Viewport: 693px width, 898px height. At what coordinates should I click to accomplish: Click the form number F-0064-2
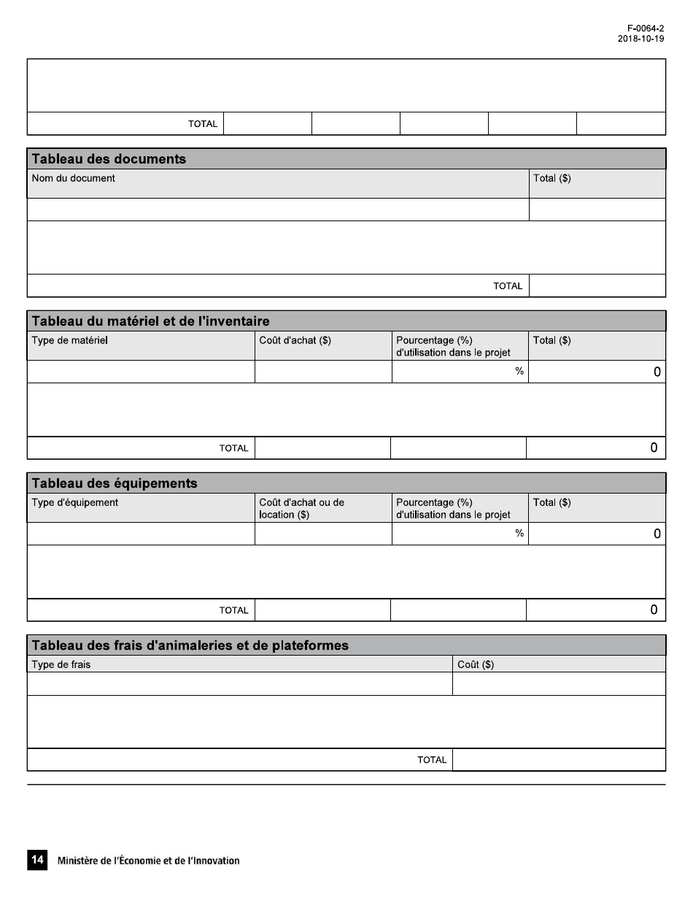point(640,29)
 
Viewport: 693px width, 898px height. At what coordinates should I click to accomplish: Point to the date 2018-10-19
point(640,39)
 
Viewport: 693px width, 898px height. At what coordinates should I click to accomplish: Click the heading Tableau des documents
point(109,159)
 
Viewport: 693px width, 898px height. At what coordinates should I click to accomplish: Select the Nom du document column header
point(74,178)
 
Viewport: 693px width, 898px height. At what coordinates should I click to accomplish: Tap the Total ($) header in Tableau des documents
point(552,178)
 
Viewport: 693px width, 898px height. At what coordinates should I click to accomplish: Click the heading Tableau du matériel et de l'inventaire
point(150,321)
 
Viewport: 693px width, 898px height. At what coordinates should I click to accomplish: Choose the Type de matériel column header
point(70,340)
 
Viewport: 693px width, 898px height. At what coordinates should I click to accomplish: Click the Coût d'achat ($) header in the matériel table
point(295,340)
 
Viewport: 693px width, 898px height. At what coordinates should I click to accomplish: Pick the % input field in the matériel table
point(460,372)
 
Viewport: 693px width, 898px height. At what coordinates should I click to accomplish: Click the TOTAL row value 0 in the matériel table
point(654,448)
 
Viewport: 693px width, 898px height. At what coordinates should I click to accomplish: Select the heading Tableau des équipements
point(114,483)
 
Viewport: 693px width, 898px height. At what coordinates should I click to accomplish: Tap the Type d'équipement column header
point(75,502)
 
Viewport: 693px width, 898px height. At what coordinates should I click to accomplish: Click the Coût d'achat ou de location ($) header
point(301,508)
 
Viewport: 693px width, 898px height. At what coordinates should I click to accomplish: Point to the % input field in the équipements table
point(460,534)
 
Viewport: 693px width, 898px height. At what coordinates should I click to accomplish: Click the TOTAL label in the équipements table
point(233,610)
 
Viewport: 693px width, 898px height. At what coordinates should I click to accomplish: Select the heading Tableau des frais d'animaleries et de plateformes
point(190,645)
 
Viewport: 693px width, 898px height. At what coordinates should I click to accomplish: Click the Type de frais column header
point(61,664)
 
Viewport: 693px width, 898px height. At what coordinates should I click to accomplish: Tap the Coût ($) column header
point(476,664)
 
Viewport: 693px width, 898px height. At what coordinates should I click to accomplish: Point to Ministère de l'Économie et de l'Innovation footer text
point(148,861)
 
